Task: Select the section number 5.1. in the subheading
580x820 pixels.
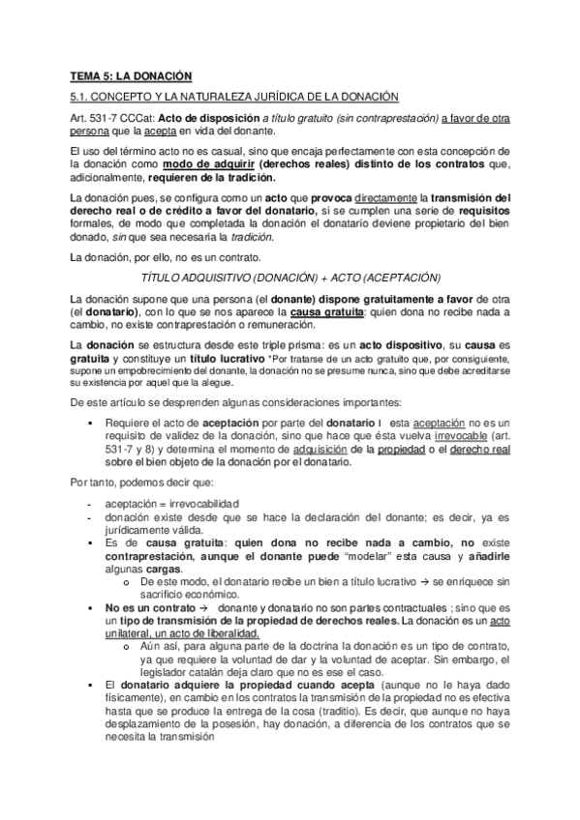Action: (81, 97)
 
